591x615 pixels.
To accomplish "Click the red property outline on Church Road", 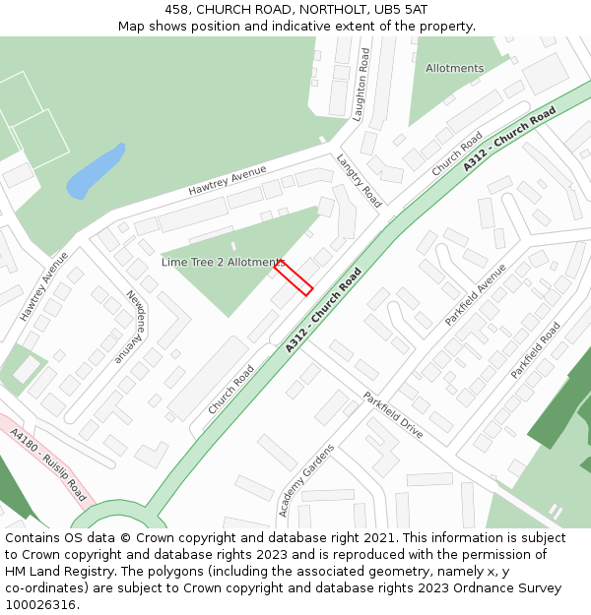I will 294,277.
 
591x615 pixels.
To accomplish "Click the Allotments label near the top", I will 454,68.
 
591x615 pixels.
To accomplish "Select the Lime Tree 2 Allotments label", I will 224,263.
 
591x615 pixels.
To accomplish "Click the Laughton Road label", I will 361,84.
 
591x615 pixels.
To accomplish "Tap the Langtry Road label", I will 359,179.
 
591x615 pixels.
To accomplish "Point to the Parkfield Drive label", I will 392,415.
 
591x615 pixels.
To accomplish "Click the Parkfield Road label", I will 535,350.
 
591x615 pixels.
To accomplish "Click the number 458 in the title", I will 177,9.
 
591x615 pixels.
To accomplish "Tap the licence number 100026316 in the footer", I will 40,604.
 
